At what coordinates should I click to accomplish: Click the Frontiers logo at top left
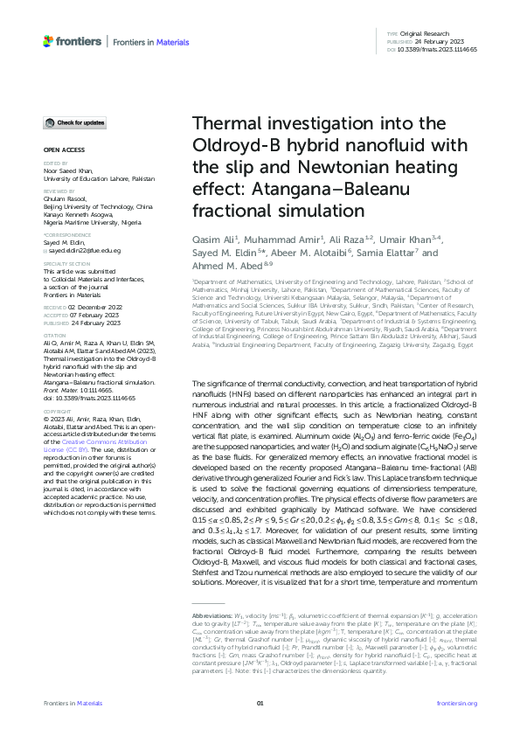(73, 40)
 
